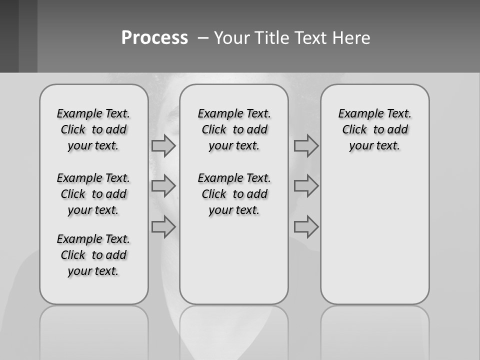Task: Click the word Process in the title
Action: pos(154,38)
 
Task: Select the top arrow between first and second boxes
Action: pos(163,145)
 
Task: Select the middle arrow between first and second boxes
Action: pos(163,186)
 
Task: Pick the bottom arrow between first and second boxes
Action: pos(163,227)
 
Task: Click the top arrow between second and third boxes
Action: pos(306,145)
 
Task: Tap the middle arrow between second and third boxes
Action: pos(306,186)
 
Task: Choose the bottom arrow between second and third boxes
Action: pos(306,227)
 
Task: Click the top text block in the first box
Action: pos(93,129)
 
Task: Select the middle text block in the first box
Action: pos(93,194)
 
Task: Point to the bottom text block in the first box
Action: pos(93,255)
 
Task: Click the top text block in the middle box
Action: pos(234,129)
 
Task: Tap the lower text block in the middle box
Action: pos(234,194)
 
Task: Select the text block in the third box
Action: pos(374,129)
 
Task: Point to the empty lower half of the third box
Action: pos(374,235)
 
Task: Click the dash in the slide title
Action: pos(202,38)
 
